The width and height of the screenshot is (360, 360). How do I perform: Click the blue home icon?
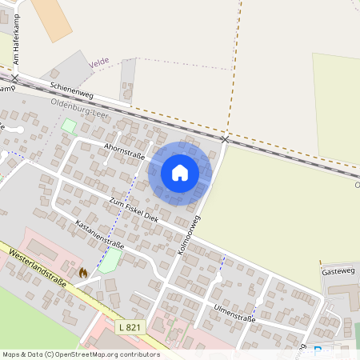[x=180, y=172]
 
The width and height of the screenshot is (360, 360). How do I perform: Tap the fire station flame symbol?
[x=82, y=273]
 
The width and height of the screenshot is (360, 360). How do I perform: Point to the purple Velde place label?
[x=98, y=61]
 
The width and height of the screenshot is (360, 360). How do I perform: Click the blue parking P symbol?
[x=318, y=350]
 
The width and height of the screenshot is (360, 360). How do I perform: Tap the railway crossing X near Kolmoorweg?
[x=225, y=139]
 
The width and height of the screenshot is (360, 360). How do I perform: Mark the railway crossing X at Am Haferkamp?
[x=14, y=78]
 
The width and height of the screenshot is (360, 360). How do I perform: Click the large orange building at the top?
[x=52, y=18]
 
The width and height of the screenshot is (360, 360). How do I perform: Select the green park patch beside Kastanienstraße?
[x=110, y=260]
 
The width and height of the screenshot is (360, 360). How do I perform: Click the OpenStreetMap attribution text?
[x=81, y=354]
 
